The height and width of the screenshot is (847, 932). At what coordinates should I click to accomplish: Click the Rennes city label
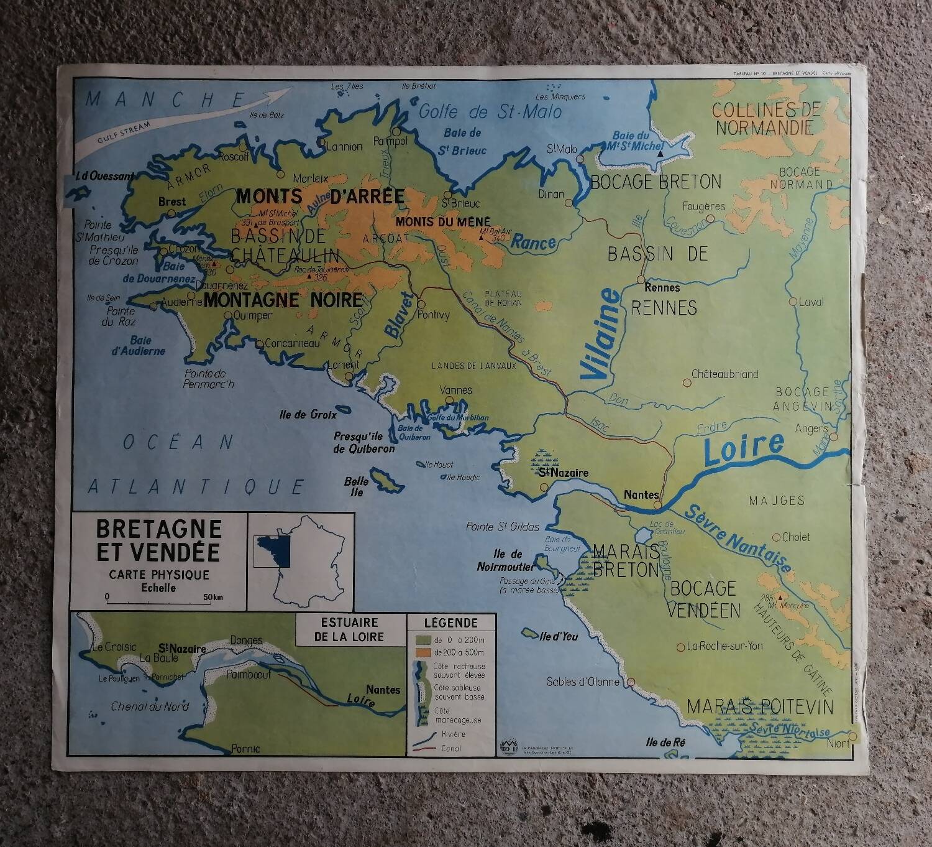[662, 288]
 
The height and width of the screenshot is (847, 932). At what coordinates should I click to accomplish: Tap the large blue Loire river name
[744, 449]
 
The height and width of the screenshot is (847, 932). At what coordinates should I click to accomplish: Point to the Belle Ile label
[357, 486]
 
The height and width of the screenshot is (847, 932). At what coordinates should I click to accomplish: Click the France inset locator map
[301, 560]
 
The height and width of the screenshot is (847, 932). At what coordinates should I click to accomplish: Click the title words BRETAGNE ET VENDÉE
[159, 540]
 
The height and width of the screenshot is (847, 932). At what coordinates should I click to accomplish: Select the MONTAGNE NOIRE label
[283, 300]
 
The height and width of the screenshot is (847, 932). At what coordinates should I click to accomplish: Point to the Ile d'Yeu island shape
[530, 633]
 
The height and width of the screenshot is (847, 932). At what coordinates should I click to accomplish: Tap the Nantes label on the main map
[641, 494]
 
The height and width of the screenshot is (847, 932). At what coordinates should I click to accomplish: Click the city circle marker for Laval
[792, 302]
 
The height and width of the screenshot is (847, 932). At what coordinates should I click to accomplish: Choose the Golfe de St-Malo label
[490, 112]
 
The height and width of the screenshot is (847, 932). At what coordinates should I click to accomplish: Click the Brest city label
[171, 201]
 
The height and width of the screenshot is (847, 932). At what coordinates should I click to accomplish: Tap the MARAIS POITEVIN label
[761, 707]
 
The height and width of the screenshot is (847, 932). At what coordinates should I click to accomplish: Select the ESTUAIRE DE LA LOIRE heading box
[349, 629]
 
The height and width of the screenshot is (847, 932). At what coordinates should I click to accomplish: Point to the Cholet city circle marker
[776, 537]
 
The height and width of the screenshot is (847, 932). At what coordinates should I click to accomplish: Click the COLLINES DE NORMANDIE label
[766, 119]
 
